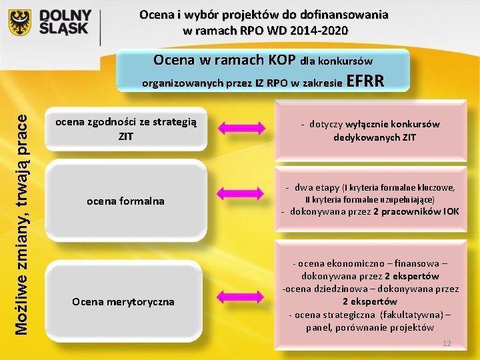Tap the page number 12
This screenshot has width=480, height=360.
(x=447, y=343)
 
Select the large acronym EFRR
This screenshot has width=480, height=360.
(x=366, y=82)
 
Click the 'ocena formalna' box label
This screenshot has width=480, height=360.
(x=126, y=201)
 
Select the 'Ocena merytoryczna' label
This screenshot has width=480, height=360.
(x=123, y=301)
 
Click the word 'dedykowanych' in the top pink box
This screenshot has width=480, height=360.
(x=365, y=137)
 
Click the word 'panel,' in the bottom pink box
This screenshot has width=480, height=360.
(x=322, y=327)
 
